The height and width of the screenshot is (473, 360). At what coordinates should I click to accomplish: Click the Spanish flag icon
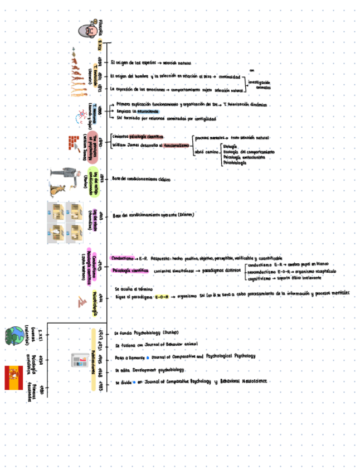tap(13, 378)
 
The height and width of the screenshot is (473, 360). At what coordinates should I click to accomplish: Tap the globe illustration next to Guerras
tap(13, 336)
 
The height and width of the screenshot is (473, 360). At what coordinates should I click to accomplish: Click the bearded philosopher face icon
tap(85, 30)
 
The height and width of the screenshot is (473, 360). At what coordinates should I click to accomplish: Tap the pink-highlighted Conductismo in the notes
tap(121, 259)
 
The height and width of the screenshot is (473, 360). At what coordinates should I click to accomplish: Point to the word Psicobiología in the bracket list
tap(235, 163)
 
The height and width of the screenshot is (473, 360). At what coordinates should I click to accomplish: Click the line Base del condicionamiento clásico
tap(141, 179)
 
